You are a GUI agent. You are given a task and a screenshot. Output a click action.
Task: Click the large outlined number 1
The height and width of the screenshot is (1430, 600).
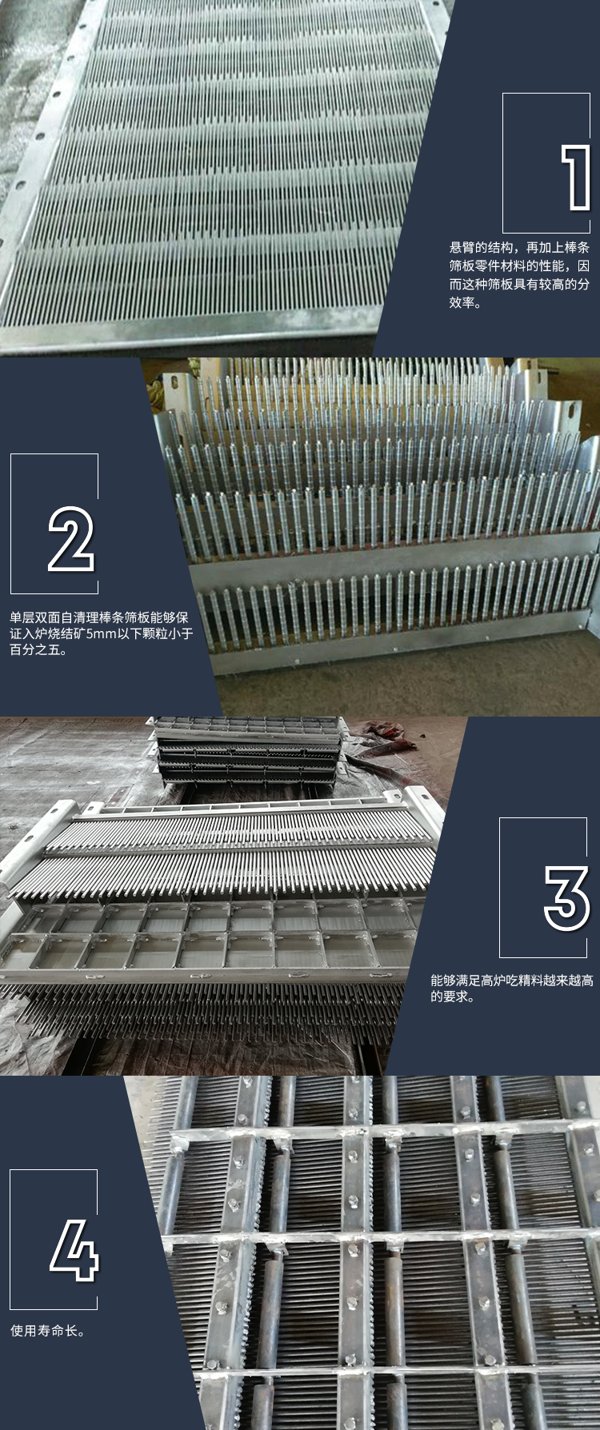click(x=575, y=178)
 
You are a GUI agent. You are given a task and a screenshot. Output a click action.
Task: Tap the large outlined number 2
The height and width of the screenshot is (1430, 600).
click(x=71, y=539)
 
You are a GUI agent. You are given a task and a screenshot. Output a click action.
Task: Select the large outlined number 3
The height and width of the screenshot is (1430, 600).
click(x=566, y=897)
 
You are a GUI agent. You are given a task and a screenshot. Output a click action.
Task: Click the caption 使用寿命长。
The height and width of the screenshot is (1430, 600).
click(x=48, y=1331)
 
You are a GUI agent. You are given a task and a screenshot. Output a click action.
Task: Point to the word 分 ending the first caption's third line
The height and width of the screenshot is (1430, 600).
click(x=584, y=285)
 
